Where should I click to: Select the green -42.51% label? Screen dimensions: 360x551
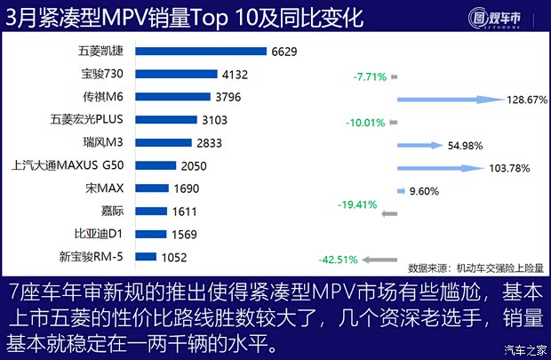pyautogui.click(x=337, y=260)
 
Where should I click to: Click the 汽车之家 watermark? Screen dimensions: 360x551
pyautogui.click(x=523, y=348)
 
